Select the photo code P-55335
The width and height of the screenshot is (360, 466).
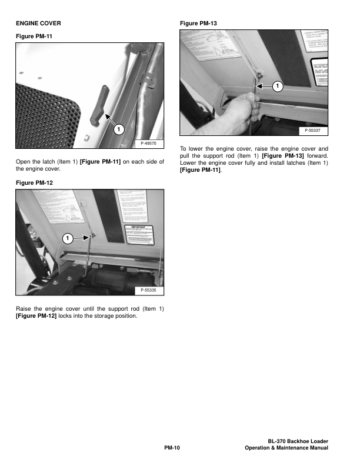click(149, 290)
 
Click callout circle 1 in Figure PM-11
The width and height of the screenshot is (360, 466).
click(118, 128)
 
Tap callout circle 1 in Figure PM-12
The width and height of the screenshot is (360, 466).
click(67, 239)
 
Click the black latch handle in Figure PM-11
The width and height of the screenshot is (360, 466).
click(98, 104)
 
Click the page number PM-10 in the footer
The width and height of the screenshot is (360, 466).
click(171, 448)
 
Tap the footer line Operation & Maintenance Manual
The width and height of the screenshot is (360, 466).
click(286, 448)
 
